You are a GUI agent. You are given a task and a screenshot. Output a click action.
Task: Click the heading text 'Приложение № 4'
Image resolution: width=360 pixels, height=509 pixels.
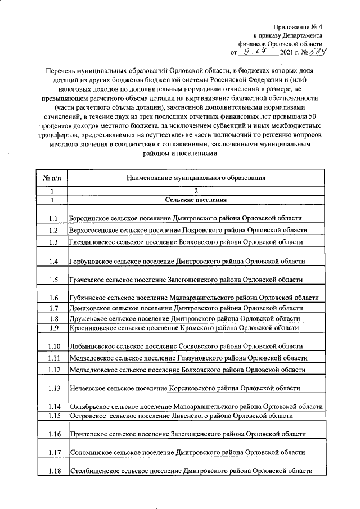[x=298, y=26]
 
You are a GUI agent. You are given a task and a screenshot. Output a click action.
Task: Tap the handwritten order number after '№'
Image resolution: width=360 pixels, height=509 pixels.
[x=318, y=52]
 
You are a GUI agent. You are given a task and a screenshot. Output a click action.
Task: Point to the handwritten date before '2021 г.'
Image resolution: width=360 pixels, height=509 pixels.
[x=259, y=52]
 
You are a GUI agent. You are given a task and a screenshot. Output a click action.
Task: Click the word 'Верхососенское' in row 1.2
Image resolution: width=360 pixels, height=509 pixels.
[x=94, y=231]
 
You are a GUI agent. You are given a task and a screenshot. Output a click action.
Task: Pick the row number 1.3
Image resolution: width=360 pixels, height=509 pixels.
[x=54, y=242]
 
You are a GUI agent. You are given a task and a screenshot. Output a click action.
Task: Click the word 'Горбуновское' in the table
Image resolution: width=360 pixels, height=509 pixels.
[x=91, y=262]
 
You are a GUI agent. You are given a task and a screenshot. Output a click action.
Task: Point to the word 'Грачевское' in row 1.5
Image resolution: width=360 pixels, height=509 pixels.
[x=87, y=280]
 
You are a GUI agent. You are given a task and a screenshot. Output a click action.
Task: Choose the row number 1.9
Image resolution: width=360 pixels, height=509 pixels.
[x=54, y=328]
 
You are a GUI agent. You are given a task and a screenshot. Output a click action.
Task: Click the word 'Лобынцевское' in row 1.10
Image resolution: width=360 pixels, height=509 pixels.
[x=92, y=346]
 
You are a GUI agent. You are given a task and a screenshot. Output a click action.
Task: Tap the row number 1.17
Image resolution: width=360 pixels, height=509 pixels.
[x=54, y=452]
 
